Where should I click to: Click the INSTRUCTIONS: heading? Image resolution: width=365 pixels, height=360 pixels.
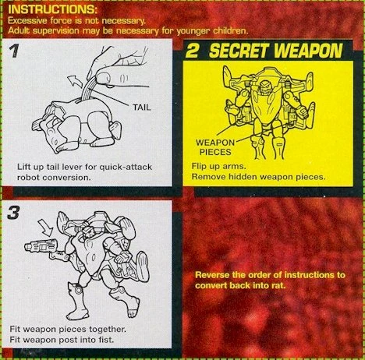(53, 9)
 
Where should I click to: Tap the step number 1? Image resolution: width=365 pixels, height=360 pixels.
(13, 51)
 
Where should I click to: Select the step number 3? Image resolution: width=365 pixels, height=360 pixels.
(13, 213)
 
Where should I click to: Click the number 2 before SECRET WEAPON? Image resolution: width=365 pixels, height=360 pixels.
(193, 51)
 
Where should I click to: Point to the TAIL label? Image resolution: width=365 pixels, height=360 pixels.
(142, 107)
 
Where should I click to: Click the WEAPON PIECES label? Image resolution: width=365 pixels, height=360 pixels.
(215, 147)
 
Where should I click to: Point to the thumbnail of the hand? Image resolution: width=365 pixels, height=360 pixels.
(103, 77)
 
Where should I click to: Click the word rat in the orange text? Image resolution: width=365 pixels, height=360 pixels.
(279, 285)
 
